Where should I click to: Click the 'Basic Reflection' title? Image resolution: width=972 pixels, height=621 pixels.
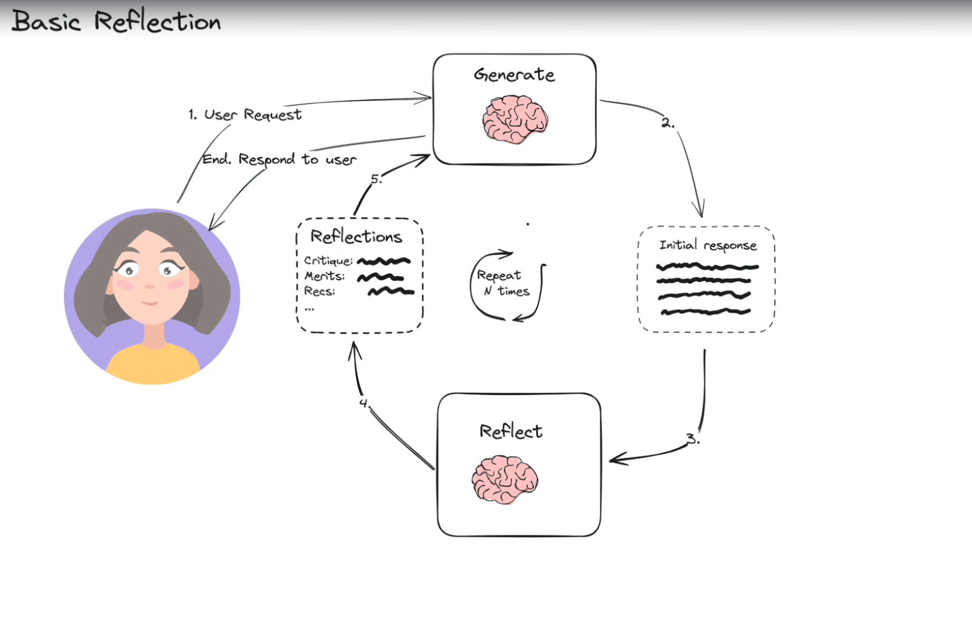coord(116,21)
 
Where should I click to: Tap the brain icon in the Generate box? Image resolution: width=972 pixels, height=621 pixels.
coord(515,119)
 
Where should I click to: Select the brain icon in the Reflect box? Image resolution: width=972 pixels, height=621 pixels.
coord(505,479)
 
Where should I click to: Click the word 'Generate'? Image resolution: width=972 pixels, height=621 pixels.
coord(514,75)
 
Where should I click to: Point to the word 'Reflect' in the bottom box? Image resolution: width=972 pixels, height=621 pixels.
coord(511,431)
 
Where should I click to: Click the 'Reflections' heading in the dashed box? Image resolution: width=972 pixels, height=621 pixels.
coord(356,236)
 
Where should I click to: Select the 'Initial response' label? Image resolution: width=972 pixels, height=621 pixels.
coord(708,245)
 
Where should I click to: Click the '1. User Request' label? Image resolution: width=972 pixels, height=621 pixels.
coord(245,115)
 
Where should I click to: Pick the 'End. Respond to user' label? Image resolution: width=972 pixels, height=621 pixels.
coord(279,159)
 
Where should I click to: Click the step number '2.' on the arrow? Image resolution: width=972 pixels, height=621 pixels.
coord(667,123)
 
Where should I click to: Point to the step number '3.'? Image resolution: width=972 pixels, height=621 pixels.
coord(693,439)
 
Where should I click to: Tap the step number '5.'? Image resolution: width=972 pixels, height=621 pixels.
coord(376,179)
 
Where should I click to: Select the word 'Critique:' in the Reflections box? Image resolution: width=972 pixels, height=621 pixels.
coord(328,261)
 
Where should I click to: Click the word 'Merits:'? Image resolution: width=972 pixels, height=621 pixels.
coord(325,276)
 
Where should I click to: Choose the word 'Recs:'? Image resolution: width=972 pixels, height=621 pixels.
coord(319,291)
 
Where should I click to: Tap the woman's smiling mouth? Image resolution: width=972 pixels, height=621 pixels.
coord(150,303)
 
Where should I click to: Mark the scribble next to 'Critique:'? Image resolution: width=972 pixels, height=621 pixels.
coord(383,261)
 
